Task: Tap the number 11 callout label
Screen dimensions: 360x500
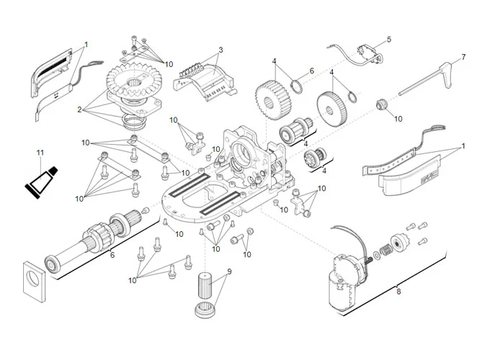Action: tap(40, 153)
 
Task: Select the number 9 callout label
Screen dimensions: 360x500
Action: tap(229, 271)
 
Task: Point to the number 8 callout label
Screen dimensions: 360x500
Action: tap(398, 291)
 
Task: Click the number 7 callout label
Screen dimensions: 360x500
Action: tap(463, 57)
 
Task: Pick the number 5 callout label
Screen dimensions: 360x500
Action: tap(388, 39)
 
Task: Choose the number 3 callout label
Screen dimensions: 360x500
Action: tap(220, 50)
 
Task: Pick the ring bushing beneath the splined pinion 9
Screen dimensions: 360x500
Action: tap(207, 310)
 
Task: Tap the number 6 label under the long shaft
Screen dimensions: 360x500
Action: tap(112, 254)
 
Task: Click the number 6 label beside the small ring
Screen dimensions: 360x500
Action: tap(312, 71)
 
